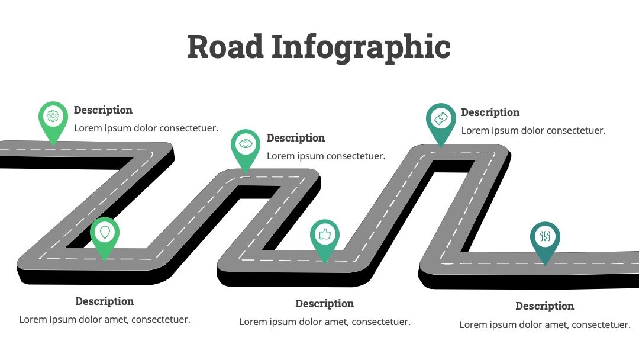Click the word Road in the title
pyautogui.click(x=225, y=46)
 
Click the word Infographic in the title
pyautogui.click(x=361, y=48)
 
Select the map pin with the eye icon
pyautogui.click(x=246, y=149)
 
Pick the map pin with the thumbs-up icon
pyautogui.click(x=325, y=239)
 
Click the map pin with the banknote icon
pyautogui.click(x=441, y=123)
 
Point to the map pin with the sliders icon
pyautogui.click(x=545, y=241)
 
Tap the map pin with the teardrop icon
pyautogui.click(x=105, y=236)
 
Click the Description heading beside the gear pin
pyautogui.click(x=103, y=110)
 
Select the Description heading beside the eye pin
pyautogui.click(x=296, y=138)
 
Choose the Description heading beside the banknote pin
pyautogui.click(x=490, y=112)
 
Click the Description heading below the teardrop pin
pyautogui.click(x=105, y=301)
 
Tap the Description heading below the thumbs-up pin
pyautogui.click(x=325, y=304)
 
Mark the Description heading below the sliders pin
pyautogui.click(x=545, y=306)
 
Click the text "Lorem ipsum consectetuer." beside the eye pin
pyautogui.click(x=326, y=156)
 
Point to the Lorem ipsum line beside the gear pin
pyautogui.click(x=146, y=128)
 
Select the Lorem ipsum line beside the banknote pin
pyautogui.click(x=534, y=131)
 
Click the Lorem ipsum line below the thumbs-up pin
pyautogui.click(x=325, y=322)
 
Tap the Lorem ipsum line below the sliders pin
pyautogui.click(x=545, y=325)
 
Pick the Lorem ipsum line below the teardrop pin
pyautogui.click(x=105, y=320)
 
